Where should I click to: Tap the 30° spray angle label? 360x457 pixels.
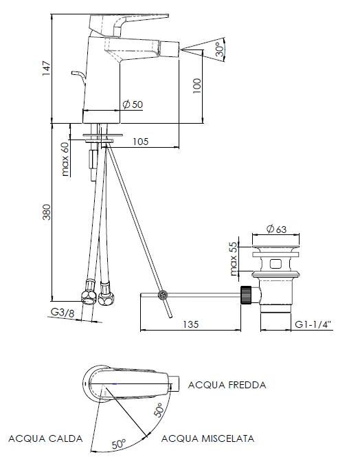218,50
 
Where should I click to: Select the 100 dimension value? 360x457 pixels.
197,86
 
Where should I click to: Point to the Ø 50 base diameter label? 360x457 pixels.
132,104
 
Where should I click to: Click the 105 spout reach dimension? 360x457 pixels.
140,142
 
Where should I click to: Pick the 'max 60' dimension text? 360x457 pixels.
66,159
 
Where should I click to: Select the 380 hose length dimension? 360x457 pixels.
46,214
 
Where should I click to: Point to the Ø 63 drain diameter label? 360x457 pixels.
276,229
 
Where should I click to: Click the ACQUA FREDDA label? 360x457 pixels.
226,385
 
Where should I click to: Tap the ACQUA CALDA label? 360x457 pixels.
45,438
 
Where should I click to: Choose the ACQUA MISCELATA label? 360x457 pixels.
207,438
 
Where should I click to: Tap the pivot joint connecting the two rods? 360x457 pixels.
163,296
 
